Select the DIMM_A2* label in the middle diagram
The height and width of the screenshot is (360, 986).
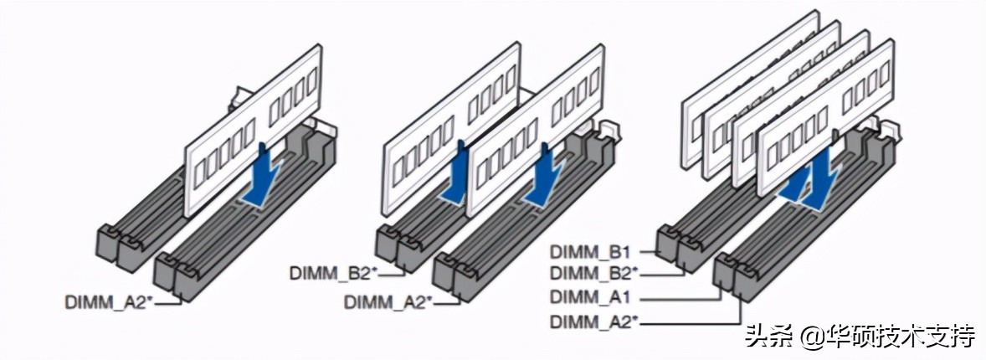388,302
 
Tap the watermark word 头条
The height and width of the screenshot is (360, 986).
767,337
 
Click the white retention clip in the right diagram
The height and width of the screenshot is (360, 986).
892,130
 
